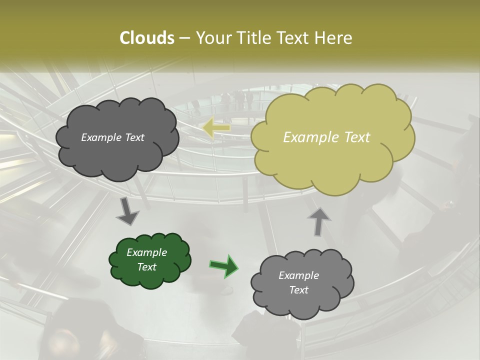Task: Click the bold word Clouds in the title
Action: click(146, 38)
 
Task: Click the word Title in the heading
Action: click(253, 38)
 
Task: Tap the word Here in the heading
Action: click(335, 38)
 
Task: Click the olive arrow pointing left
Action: click(217, 128)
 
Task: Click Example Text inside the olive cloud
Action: click(326, 137)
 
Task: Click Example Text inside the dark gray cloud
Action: click(112, 137)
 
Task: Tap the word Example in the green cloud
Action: click(146, 252)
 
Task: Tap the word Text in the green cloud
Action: click(146, 267)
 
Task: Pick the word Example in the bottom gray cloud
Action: click(298, 275)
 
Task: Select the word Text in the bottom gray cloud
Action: click(298, 290)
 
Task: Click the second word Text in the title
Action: click(294, 38)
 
